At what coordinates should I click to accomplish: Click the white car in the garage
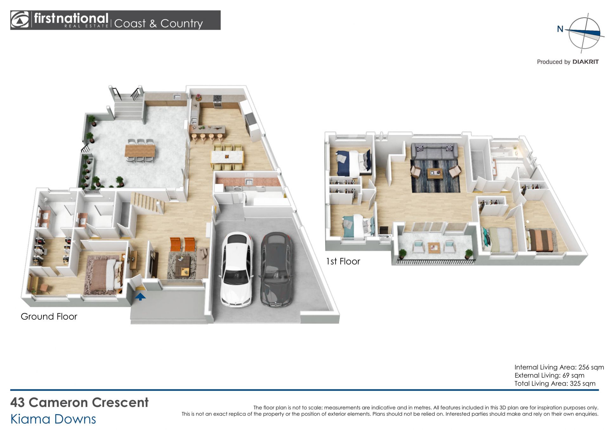tap(237, 269)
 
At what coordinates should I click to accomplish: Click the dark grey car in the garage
tap(277, 269)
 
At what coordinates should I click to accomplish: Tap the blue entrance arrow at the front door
tap(140, 296)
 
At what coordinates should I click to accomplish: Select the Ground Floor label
tap(49, 317)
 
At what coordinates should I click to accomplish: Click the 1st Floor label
tap(343, 261)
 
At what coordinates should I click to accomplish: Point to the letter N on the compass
tap(560, 29)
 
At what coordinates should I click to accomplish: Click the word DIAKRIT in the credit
tap(586, 62)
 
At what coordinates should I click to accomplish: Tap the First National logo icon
tap(20, 20)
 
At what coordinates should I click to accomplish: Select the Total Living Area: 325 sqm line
tap(555, 383)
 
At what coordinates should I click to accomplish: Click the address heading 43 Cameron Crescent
tap(79, 402)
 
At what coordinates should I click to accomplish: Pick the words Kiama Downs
tap(53, 419)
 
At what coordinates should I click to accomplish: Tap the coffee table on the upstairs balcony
tap(434, 247)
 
